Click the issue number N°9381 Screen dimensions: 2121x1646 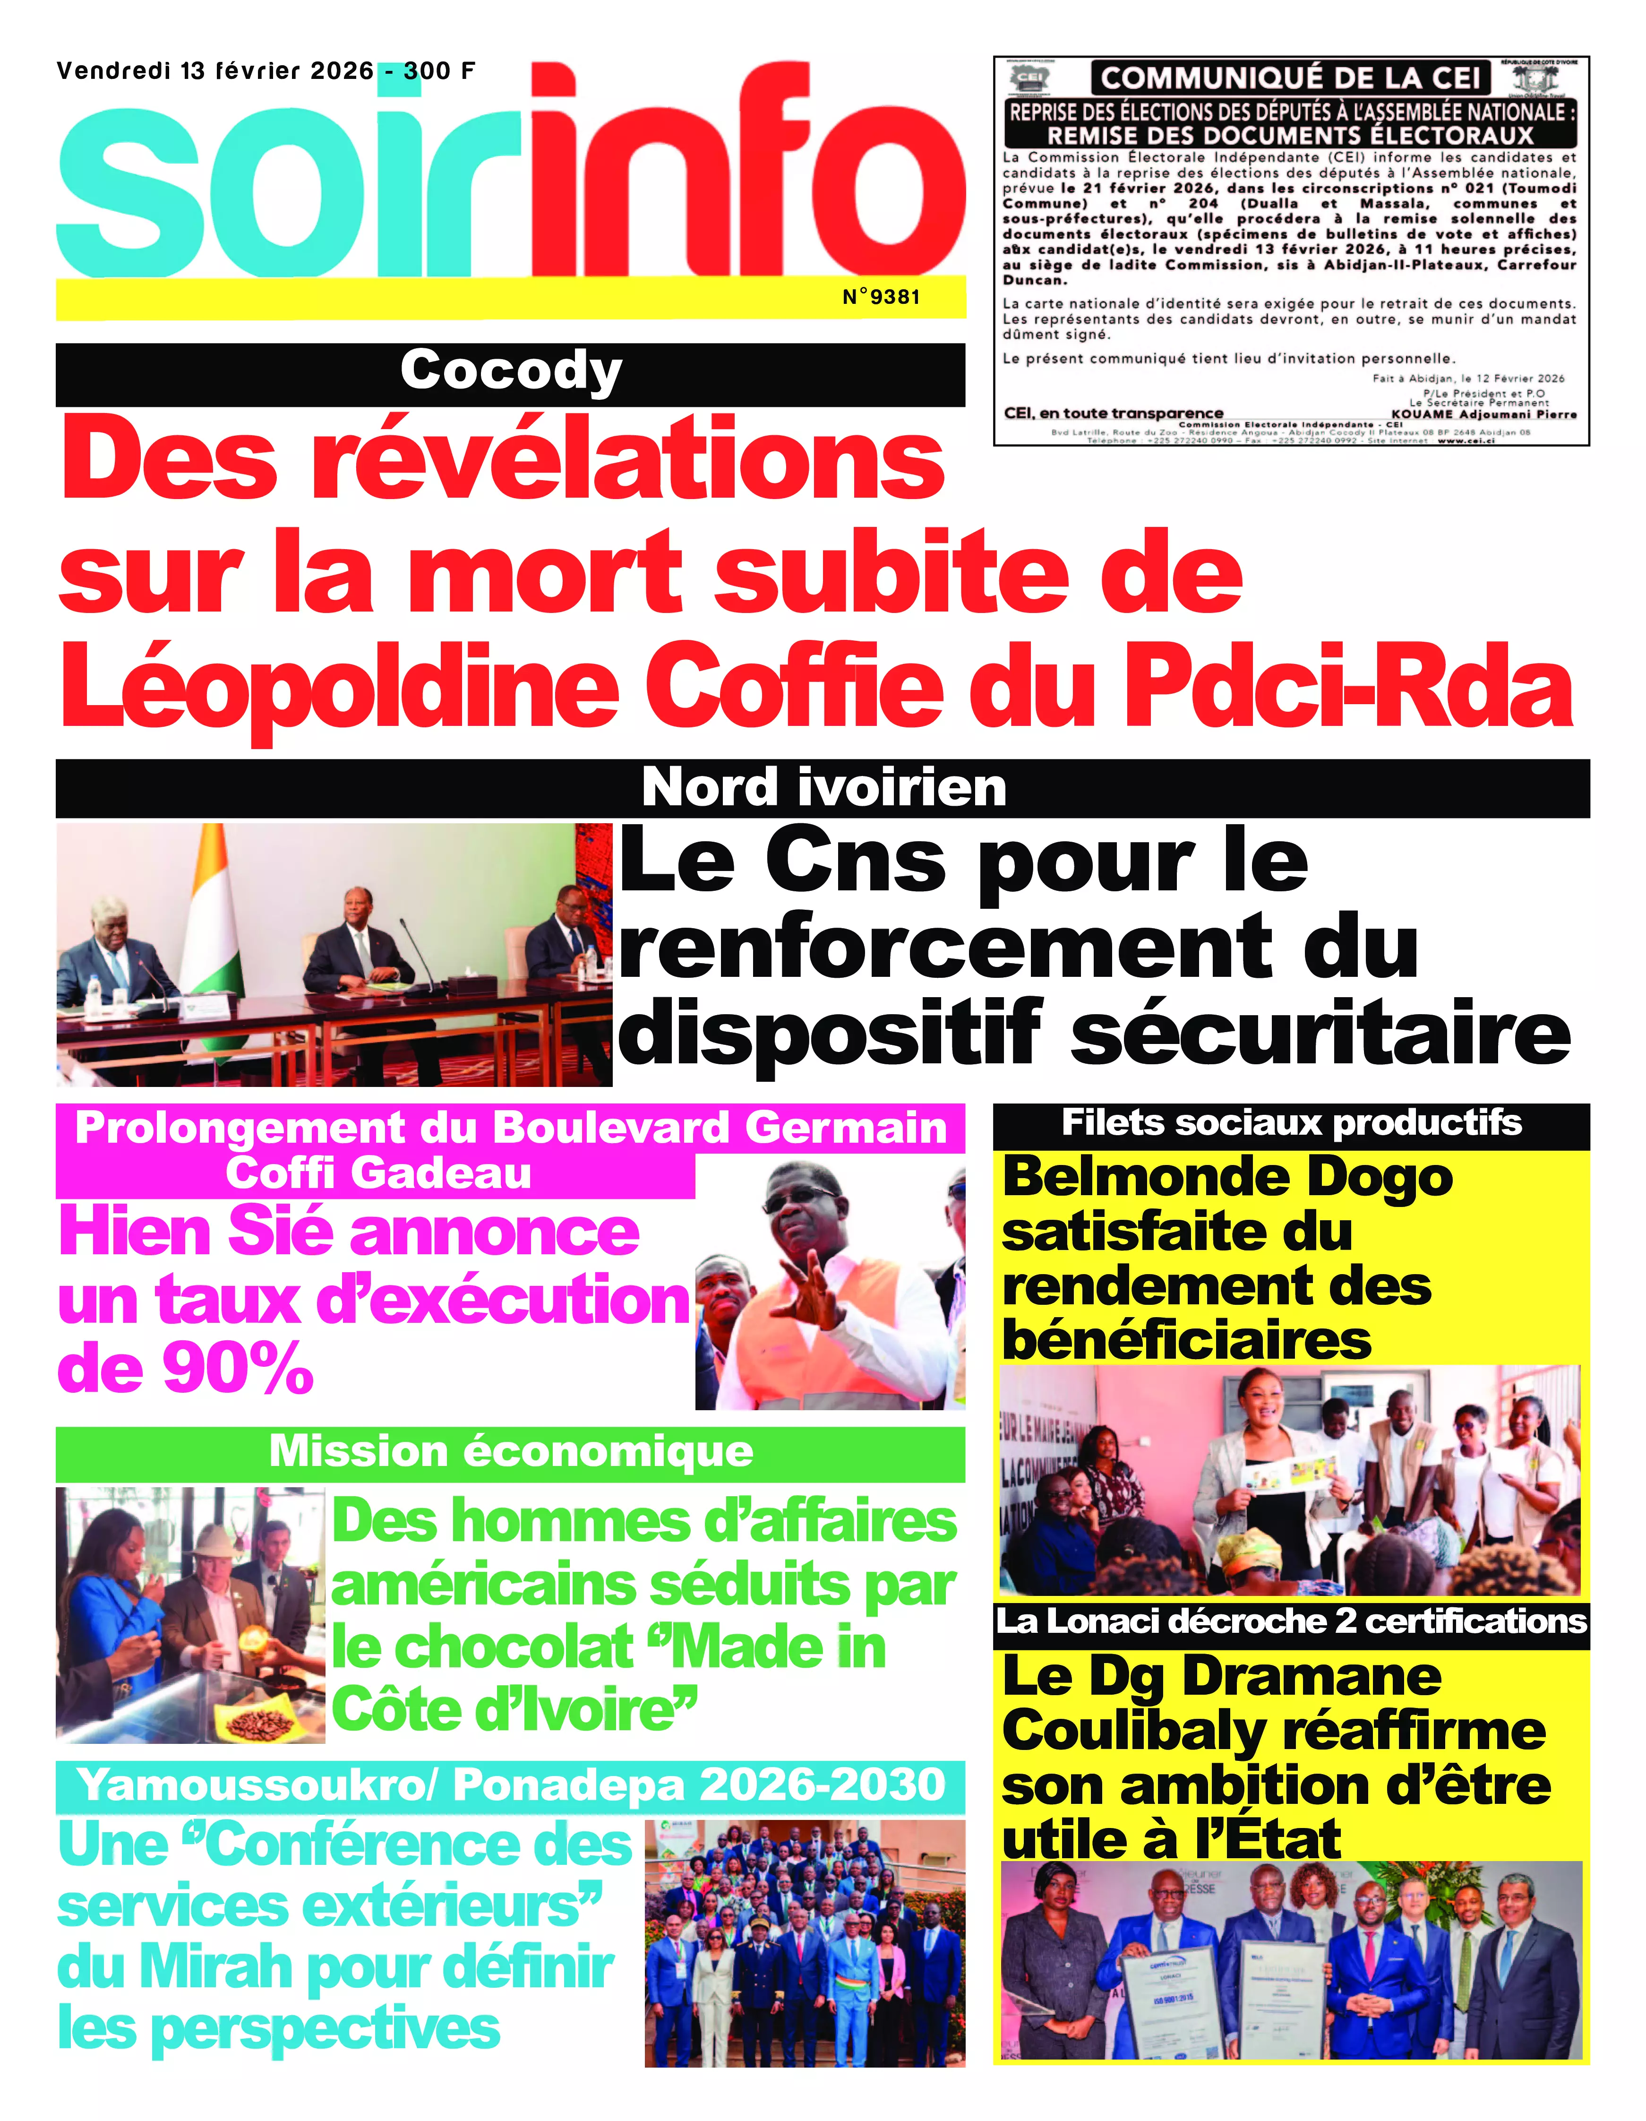tap(880, 297)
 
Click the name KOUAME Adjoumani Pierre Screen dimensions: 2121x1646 tap(1484, 414)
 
